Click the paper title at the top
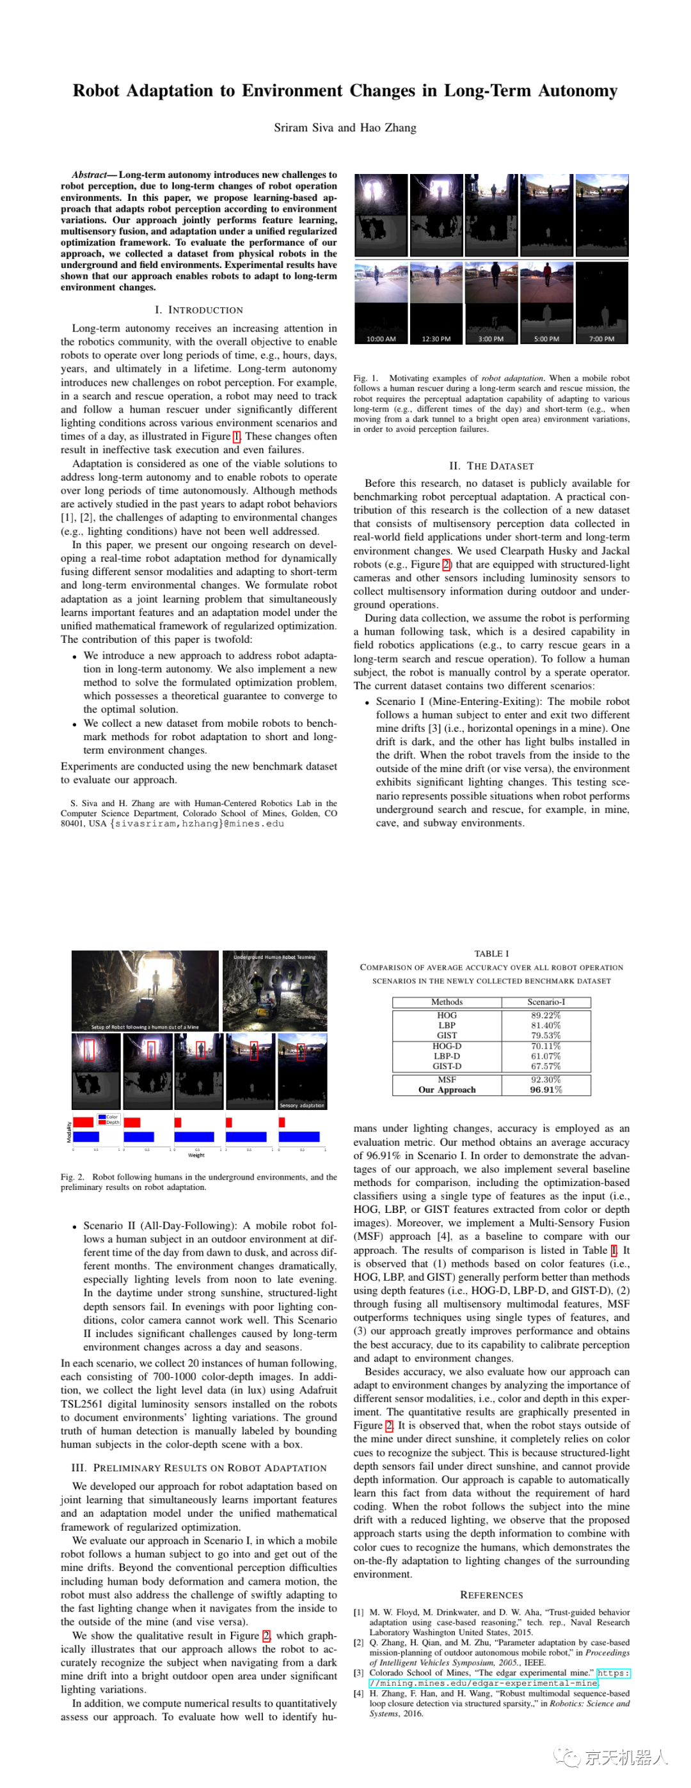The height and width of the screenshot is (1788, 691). (x=344, y=91)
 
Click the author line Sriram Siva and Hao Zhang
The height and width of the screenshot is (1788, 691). (x=344, y=128)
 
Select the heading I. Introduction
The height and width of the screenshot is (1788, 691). (x=198, y=310)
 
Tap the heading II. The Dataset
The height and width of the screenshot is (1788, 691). (x=491, y=466)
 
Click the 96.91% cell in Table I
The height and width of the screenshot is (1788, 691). (x=546, y=1089)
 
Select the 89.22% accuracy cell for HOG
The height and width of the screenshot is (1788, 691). (x=546, y=1015)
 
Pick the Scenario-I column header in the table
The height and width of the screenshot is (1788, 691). (x=546, y=1002)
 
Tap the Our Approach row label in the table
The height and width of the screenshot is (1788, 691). (x=447, y=1089)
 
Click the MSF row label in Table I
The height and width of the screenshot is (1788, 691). (x=447, y=1079)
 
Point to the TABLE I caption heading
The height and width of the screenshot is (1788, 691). (x=491, y=954)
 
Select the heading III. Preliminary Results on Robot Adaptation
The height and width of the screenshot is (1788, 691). (x=198, y=1468)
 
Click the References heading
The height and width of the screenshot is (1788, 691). (x=491, y=1595)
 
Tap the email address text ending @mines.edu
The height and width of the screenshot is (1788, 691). (x=197, y=824)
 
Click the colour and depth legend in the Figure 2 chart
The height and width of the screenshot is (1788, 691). (x=108, y=1119)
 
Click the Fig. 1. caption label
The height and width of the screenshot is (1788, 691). (x=365, y=378)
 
